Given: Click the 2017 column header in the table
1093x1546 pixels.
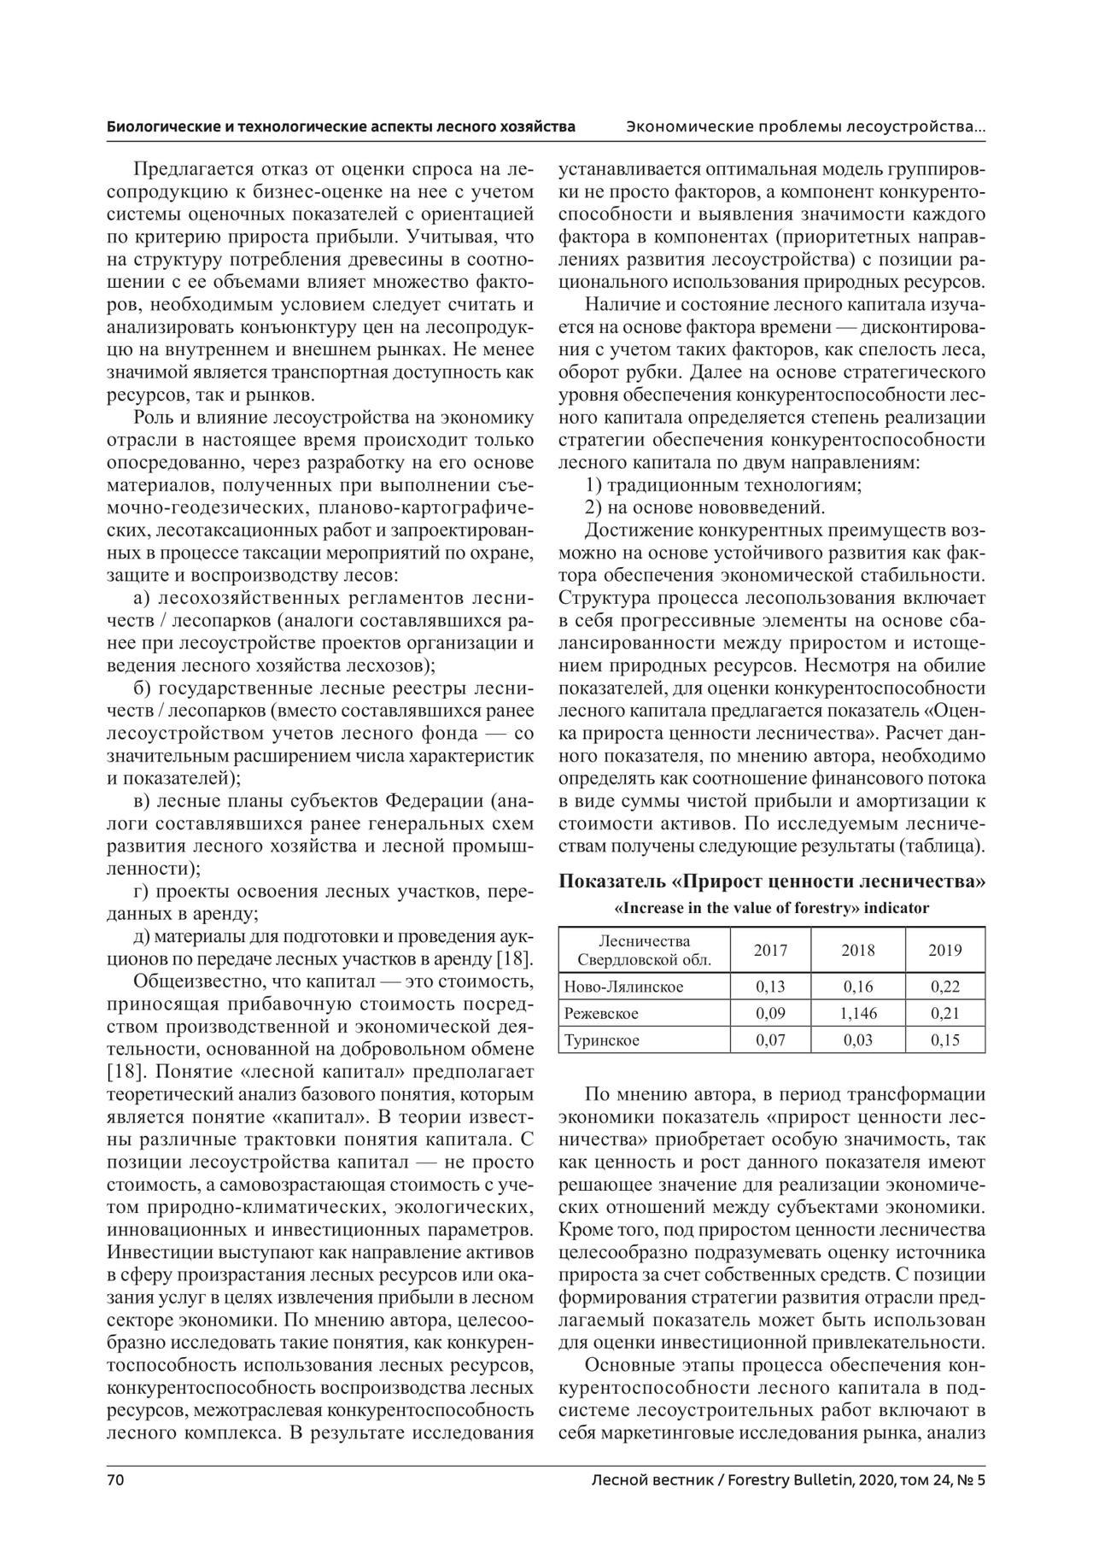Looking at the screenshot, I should coord(770,950).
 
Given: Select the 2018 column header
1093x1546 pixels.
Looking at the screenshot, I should coord(857,950).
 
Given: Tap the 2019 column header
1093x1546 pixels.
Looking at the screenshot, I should coord(944,950).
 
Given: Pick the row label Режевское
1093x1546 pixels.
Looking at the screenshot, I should coord(601,1014).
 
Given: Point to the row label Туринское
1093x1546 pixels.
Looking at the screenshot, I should coord(601,1040).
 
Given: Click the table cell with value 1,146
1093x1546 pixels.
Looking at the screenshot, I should coord(857,1014).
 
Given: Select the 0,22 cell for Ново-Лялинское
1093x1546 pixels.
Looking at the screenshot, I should coord(944,987).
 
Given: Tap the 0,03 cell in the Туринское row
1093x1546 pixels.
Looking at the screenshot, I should coord(857,1040).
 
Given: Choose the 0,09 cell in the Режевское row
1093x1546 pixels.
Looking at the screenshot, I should coord(770,1014).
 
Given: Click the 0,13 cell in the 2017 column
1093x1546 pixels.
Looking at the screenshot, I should coord(770,987).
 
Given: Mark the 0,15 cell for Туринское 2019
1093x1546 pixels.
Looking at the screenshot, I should coord(944,1040).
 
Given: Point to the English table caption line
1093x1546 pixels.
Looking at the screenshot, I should coord(772,908).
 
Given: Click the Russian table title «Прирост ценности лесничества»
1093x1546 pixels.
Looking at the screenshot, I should coord(772,882).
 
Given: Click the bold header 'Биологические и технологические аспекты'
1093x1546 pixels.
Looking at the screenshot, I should coord(341,127).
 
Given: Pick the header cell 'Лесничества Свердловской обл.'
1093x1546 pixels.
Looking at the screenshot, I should coord(645,950).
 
